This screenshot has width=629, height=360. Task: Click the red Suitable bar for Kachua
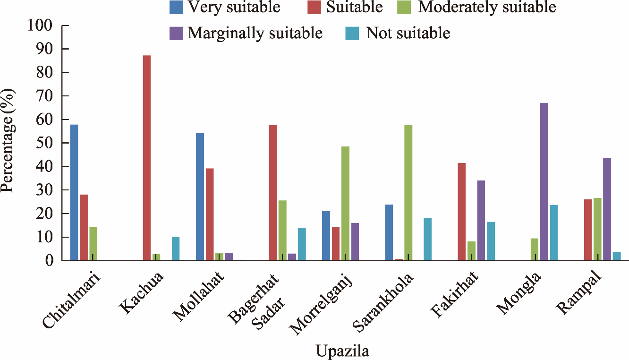click(x=147, y=158)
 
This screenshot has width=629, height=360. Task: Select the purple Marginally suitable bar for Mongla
click(x=544, y=181)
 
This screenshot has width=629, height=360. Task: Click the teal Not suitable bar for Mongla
click(x=553, y=232)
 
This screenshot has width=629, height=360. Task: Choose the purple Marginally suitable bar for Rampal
click(x=607, y=209)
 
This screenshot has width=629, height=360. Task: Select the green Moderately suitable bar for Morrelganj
click(x=345, y=203)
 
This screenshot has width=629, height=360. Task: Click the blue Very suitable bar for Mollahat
click(x=200, y=197)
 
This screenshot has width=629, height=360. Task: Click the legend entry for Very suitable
click(x=225, y=7)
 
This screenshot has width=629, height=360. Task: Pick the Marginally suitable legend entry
click(x=246, y=33)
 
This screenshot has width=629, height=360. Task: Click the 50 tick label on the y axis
click(x=45, y=143)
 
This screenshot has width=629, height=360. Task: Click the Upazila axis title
click(x=342, y=351)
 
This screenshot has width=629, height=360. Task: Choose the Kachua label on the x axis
click(x=142, y=293)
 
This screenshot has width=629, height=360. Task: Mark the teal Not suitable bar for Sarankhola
click(x=427, y=239)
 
